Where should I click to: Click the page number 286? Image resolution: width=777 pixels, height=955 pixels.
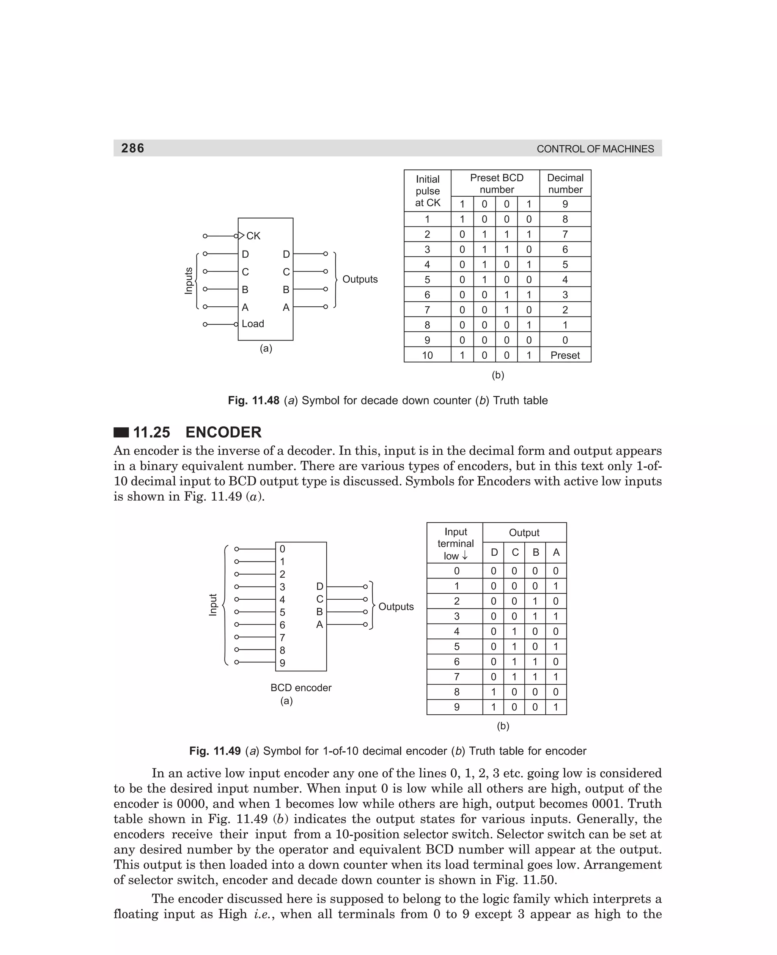tap(132, 148)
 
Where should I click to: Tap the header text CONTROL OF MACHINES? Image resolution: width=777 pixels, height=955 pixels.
tap(595, 149)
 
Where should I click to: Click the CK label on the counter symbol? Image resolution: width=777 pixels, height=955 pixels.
tap(253, 236)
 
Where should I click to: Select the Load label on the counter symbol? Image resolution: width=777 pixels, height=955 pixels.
tap(253, 324)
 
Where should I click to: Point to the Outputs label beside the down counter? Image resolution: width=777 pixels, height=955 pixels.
tap(360, 279)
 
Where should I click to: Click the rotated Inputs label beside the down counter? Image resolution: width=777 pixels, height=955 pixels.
tap(189, 281)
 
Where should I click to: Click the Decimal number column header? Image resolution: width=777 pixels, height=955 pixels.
tap(565, 184)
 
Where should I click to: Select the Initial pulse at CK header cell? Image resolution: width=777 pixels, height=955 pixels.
tap(428, 191)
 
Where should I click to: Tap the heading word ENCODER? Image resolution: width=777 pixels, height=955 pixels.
tap(223, 432)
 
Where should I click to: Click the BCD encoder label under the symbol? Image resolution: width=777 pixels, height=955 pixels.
tap(301, 687)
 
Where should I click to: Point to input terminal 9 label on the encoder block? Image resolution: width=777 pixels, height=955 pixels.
tap(282, 663)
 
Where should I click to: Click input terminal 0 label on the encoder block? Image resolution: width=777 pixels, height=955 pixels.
tap(282, 549)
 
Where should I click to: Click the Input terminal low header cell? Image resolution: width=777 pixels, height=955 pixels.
tap(455, 544)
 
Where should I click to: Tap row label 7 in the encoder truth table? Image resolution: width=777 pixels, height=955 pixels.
tap(456, 676)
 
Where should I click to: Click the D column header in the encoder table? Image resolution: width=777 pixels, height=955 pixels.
tap(494, 553)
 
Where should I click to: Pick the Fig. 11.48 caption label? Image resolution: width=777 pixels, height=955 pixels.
tap(253, 400)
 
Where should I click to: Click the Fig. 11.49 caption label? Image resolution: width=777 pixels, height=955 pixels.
tap(215, 751)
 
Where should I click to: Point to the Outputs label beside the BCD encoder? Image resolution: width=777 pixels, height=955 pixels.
tap(396, 607)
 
